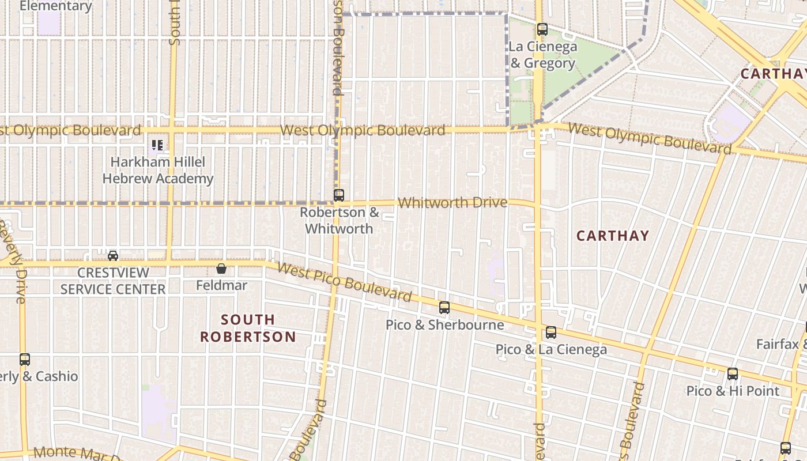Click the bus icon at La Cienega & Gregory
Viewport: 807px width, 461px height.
click(542, 29)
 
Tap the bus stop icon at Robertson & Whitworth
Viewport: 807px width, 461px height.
click(339, 195)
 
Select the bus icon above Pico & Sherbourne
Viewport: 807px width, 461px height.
click(444, 308)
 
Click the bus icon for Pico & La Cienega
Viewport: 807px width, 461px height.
click(551, 332)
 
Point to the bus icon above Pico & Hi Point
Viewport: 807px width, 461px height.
click(732, 374)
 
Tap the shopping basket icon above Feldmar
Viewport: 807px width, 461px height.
click(221, 269)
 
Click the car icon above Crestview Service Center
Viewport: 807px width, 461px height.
click(113, 255)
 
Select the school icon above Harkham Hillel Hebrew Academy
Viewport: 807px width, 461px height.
click(157, 145)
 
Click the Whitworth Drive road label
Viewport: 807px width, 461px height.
click(452, 202)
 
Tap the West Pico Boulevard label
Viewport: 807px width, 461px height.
click(344, 282)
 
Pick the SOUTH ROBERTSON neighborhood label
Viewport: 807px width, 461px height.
click(248, 328)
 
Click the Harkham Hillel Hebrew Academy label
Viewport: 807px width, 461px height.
click(158, 171)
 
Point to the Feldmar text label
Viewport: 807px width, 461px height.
click(221, 285)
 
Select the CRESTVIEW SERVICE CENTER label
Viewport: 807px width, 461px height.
click(113, 281)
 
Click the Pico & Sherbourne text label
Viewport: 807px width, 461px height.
click(444, 325)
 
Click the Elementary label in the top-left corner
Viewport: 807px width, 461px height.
click(55, 6)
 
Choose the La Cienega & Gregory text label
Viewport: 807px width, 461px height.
click(542, 55)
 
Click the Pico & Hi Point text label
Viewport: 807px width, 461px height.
click(732, 391)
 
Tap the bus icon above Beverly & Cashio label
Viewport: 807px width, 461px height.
click(24, 360)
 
